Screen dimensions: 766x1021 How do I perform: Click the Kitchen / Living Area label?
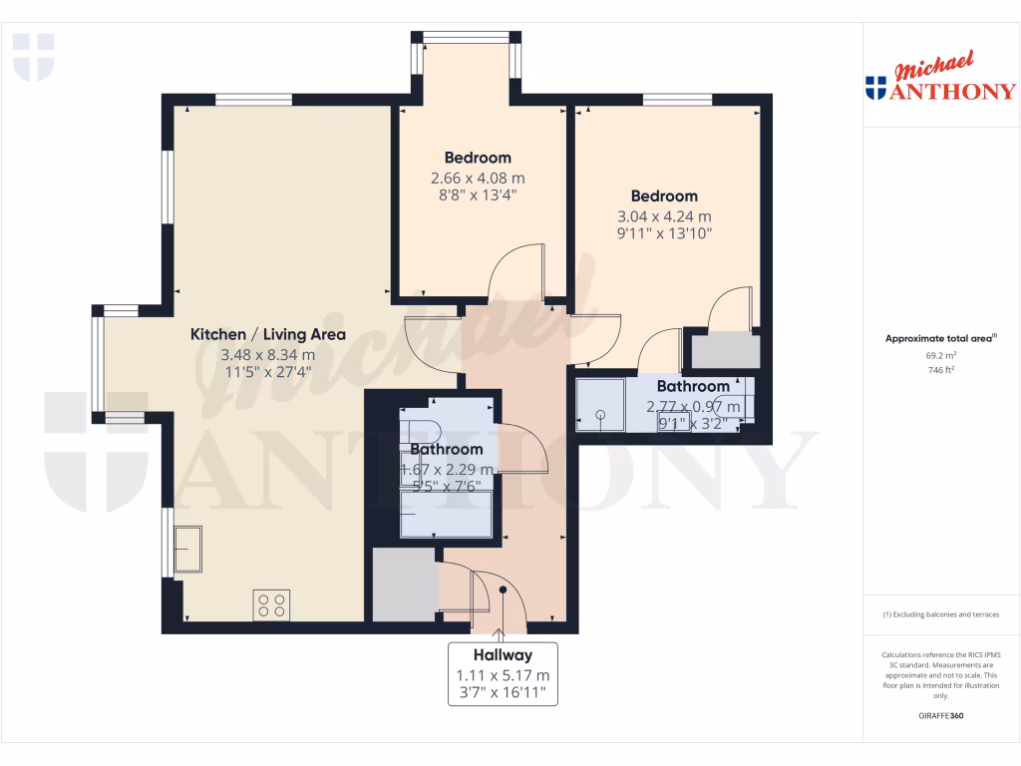267,334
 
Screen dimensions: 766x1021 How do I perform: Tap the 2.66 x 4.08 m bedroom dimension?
477,178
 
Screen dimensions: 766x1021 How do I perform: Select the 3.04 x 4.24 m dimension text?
663,216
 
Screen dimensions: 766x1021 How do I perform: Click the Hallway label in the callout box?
503,655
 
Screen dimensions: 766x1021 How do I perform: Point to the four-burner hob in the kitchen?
272,604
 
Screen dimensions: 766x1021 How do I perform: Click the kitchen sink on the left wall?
186,549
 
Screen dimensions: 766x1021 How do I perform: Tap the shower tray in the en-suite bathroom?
600,404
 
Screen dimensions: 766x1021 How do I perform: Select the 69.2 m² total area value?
940,354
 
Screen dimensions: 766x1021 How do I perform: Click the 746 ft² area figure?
940,369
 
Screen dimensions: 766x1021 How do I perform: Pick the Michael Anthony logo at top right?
940,81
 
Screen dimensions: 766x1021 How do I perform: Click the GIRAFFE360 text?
940,716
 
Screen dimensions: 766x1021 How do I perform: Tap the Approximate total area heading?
940,338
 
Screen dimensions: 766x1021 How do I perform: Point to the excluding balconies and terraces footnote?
940,614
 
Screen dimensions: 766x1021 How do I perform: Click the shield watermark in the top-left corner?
33,56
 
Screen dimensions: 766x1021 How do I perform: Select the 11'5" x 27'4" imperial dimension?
267,372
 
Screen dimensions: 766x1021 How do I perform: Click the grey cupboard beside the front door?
404,583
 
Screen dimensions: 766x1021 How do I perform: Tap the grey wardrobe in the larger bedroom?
725,352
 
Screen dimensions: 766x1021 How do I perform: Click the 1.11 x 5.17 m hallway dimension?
503,674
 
